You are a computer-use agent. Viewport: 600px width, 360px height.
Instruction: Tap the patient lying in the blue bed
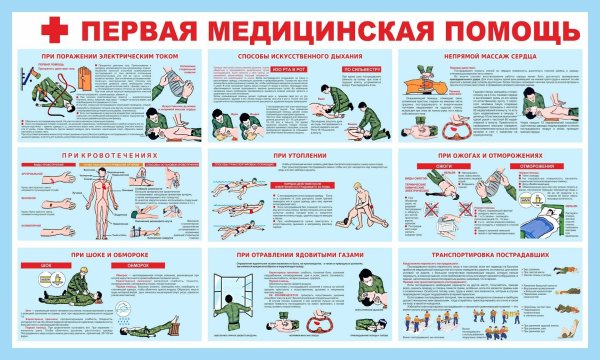tap(546, 210)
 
